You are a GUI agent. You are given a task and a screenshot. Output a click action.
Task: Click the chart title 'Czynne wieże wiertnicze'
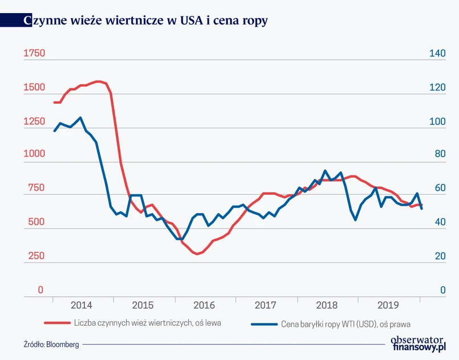[x=146, y=21]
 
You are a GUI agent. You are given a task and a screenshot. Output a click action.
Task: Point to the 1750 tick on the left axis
[x=34, y=54]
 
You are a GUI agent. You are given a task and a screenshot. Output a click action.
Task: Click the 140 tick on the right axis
[x=437, y=54]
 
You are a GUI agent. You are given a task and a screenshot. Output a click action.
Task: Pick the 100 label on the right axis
[x=437, y=122]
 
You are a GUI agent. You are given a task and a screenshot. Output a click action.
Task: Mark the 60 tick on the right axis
[x=437, y=189]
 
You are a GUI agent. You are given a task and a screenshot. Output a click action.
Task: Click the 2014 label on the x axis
[x=82, y=305]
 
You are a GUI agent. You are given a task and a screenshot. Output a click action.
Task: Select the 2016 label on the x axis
[x=204, y=305]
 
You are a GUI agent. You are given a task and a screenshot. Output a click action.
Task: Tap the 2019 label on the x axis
[x=388, y=305]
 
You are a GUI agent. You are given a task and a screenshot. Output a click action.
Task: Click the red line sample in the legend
[x=55, y=323]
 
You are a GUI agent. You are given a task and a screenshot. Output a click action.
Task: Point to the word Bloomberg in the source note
[x=63, y=344]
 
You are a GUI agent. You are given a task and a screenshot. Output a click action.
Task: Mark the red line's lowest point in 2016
[x=197, y=253]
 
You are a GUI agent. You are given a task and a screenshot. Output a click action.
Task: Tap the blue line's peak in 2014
[x=80, y=118]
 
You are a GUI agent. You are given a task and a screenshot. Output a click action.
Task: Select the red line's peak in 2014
[x=100, y=81]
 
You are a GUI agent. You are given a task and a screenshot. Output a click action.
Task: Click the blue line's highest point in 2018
[x=325, y=171]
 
